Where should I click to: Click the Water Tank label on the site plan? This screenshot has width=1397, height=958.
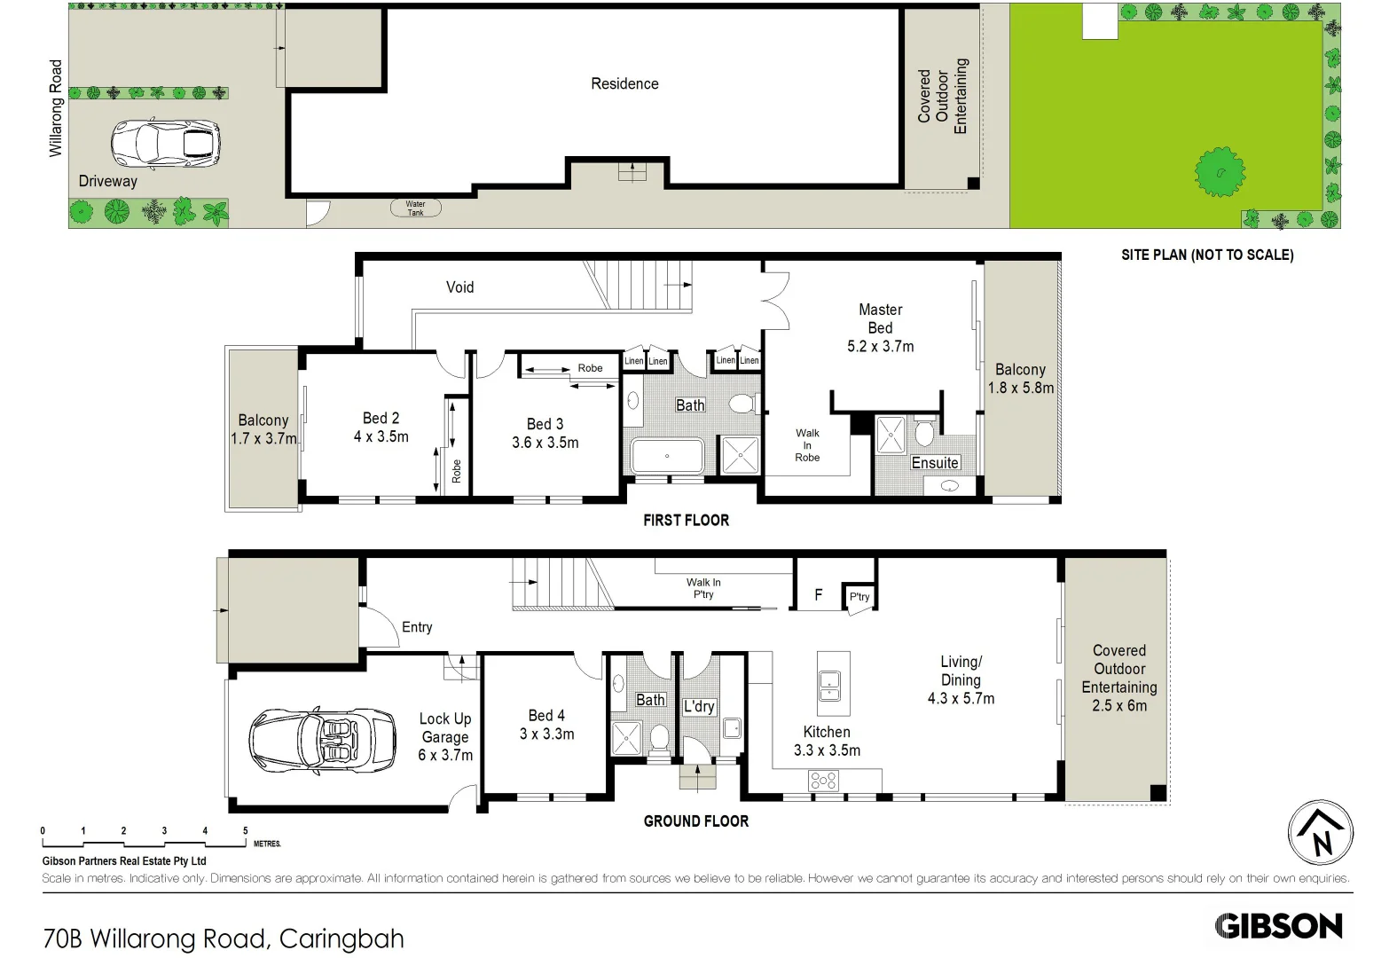[415, 208]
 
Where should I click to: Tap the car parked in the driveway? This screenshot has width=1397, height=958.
[165, 144]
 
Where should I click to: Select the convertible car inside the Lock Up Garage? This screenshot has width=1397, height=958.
[321, 739]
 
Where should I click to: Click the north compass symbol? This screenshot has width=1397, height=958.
[1320, 832]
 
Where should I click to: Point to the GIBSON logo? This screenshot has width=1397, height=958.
[1278, 926]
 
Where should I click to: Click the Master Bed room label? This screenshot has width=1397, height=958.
[880, 327]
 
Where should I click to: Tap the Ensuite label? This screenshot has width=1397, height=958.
[935, 462]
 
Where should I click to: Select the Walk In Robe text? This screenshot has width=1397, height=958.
[807, 445]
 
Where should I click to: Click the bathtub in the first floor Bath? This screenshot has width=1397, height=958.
[667, 456]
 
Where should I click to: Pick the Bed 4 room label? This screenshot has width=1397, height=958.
[546, 725]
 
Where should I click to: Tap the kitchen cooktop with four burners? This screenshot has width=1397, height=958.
[823, 781]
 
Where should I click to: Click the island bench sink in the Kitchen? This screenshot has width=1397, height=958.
[830, 681]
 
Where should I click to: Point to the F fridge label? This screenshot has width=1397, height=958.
[819, 595]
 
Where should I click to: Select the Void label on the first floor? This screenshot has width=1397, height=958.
[459, 287]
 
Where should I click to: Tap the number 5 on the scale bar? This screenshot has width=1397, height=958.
[246, 831]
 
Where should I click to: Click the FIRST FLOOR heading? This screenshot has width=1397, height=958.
[686, 521]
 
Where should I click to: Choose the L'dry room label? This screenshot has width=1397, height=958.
[699, 706]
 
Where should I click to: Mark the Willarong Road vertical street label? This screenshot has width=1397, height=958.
[56, 108]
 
